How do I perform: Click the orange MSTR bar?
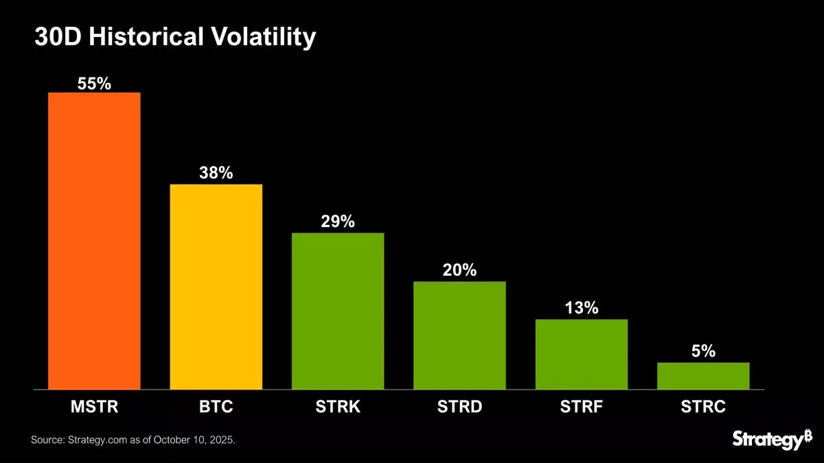(94, 241)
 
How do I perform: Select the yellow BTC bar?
(216, 287)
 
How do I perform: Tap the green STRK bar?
(338, 311)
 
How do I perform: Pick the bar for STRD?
(459, 335)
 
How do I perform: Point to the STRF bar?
(582, 355)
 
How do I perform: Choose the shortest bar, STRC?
(703, 376)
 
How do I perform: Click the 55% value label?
(94, 83)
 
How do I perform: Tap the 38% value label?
(216, 174)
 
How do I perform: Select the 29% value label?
(338, 222)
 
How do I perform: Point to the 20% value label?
(459, 270)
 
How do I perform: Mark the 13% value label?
(582, 309)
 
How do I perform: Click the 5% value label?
(703, 352)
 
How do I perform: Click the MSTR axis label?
(94, 407)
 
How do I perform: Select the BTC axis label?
(216, 407)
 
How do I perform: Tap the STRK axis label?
(338, 407)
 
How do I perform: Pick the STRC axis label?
(703, 407)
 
